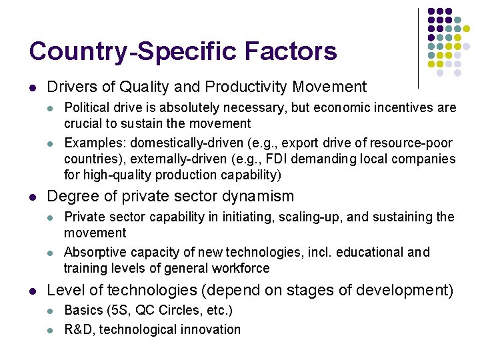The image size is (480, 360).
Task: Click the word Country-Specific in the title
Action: (x=130, y=52)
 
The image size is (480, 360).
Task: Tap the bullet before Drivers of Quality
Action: (x=32, y=87)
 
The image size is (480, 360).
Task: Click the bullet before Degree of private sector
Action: (x=32, y=197)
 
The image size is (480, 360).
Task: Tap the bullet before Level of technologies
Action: (x=32, y=291)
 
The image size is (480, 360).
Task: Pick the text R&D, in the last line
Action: (x=79, y=329)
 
